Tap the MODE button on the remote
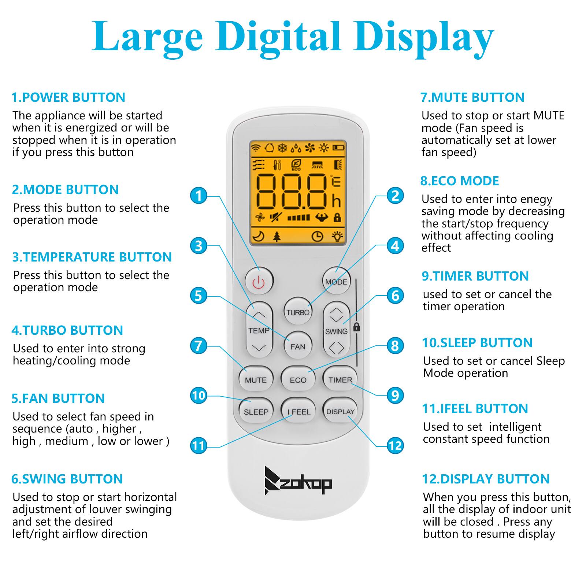coord(336,281)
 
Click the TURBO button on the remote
coord(298,312)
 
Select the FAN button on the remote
coord(298,346)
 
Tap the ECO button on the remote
coord(298,380)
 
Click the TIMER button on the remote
coord(340,380)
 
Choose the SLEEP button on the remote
coord(256,412)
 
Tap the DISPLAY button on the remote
coord(340,412)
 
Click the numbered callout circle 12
coord(395,445)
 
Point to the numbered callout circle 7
coord(199,345)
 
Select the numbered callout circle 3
coord(199,246)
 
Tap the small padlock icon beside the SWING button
coord(356,327)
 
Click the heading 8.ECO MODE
coord(460,181)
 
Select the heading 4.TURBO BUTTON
coord(67,330)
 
